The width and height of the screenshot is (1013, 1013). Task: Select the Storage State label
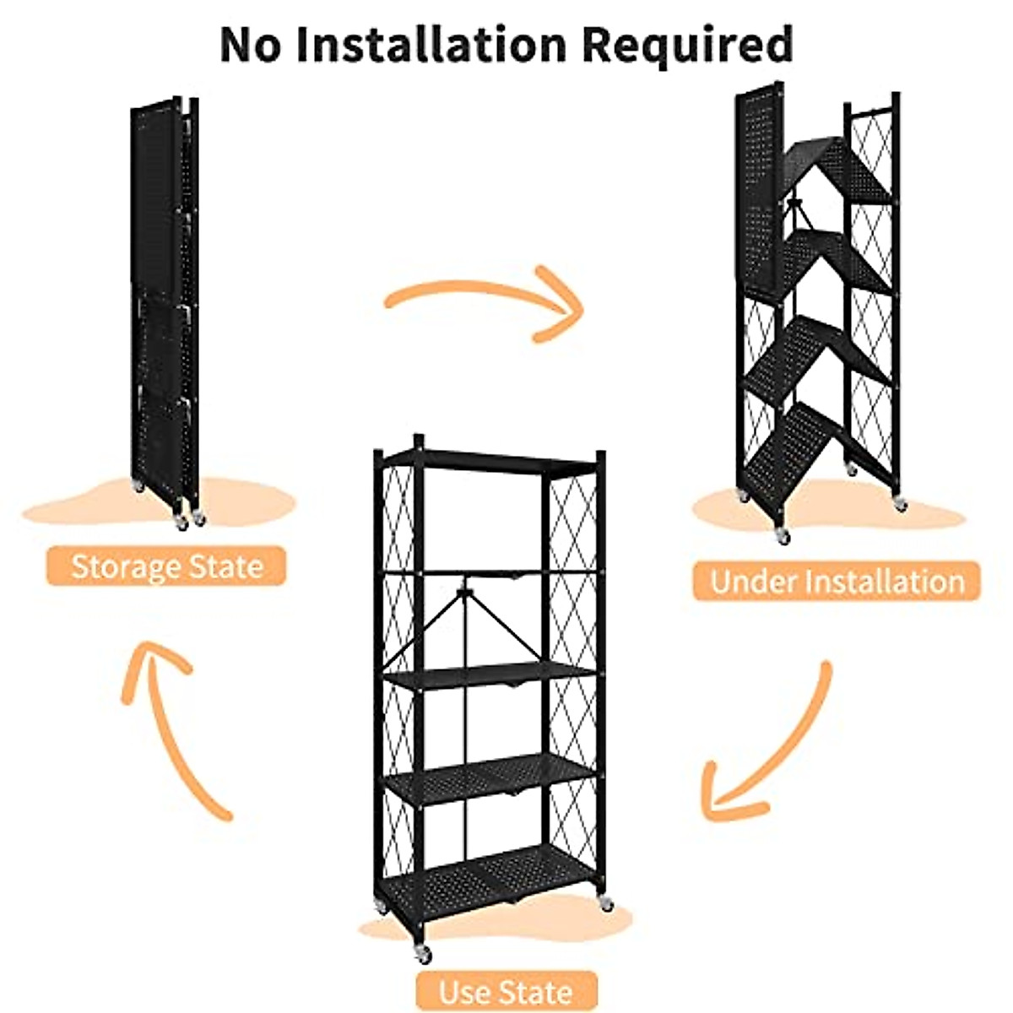pos(166,566)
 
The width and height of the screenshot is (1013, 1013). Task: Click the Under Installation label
pos(837,582)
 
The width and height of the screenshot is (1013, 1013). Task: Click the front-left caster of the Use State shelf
pos(422,954)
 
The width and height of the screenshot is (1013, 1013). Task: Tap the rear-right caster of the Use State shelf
pos(604,904)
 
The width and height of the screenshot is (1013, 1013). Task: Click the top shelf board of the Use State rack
pos(498,460)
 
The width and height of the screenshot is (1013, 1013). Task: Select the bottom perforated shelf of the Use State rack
pos(490,878)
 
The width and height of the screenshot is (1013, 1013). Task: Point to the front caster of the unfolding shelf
pos(783,534)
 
